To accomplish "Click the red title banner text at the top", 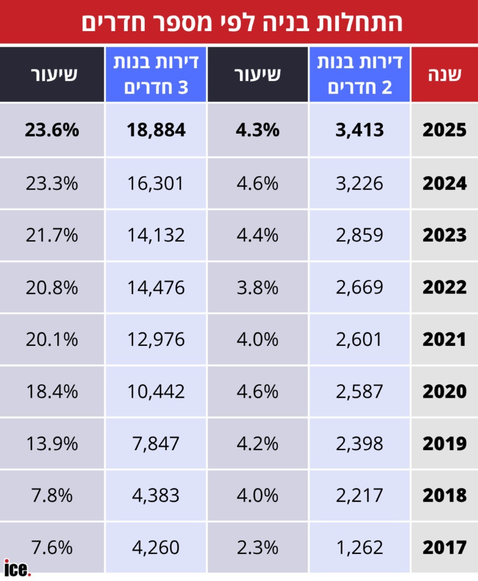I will click(242, 22).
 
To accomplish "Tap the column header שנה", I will click(444, 75).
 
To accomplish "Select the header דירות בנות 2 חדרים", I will click(359, 75).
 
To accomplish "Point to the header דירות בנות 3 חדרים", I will click(156, 75).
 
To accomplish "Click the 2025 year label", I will click(444, 130).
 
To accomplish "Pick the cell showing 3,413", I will click(359, 130).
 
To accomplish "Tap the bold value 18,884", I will click(156, 130).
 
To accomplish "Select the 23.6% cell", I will click(52, 130).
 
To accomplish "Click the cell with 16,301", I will click(156, 184).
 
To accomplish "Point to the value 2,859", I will click(359, 236).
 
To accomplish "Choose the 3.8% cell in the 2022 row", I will click(257, 288).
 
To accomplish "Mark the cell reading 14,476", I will click(156, 288).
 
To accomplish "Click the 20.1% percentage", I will click(52, 340).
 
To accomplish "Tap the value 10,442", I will click(156, 392).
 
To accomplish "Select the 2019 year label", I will click(444, 444).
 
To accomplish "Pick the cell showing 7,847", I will click(156, 444).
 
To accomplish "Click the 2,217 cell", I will click(359, 495).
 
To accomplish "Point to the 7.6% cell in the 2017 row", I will click(52, 548).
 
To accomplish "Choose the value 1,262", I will click(359, 548).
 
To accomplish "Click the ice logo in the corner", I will click(17, 569).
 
